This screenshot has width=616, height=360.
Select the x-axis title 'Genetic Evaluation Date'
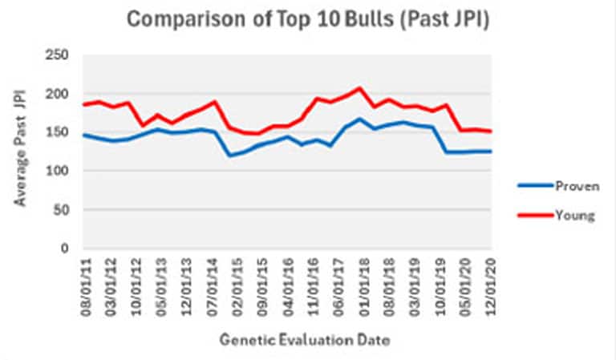[x=305, y=341]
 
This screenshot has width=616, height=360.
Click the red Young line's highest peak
[x=359, y=88]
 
